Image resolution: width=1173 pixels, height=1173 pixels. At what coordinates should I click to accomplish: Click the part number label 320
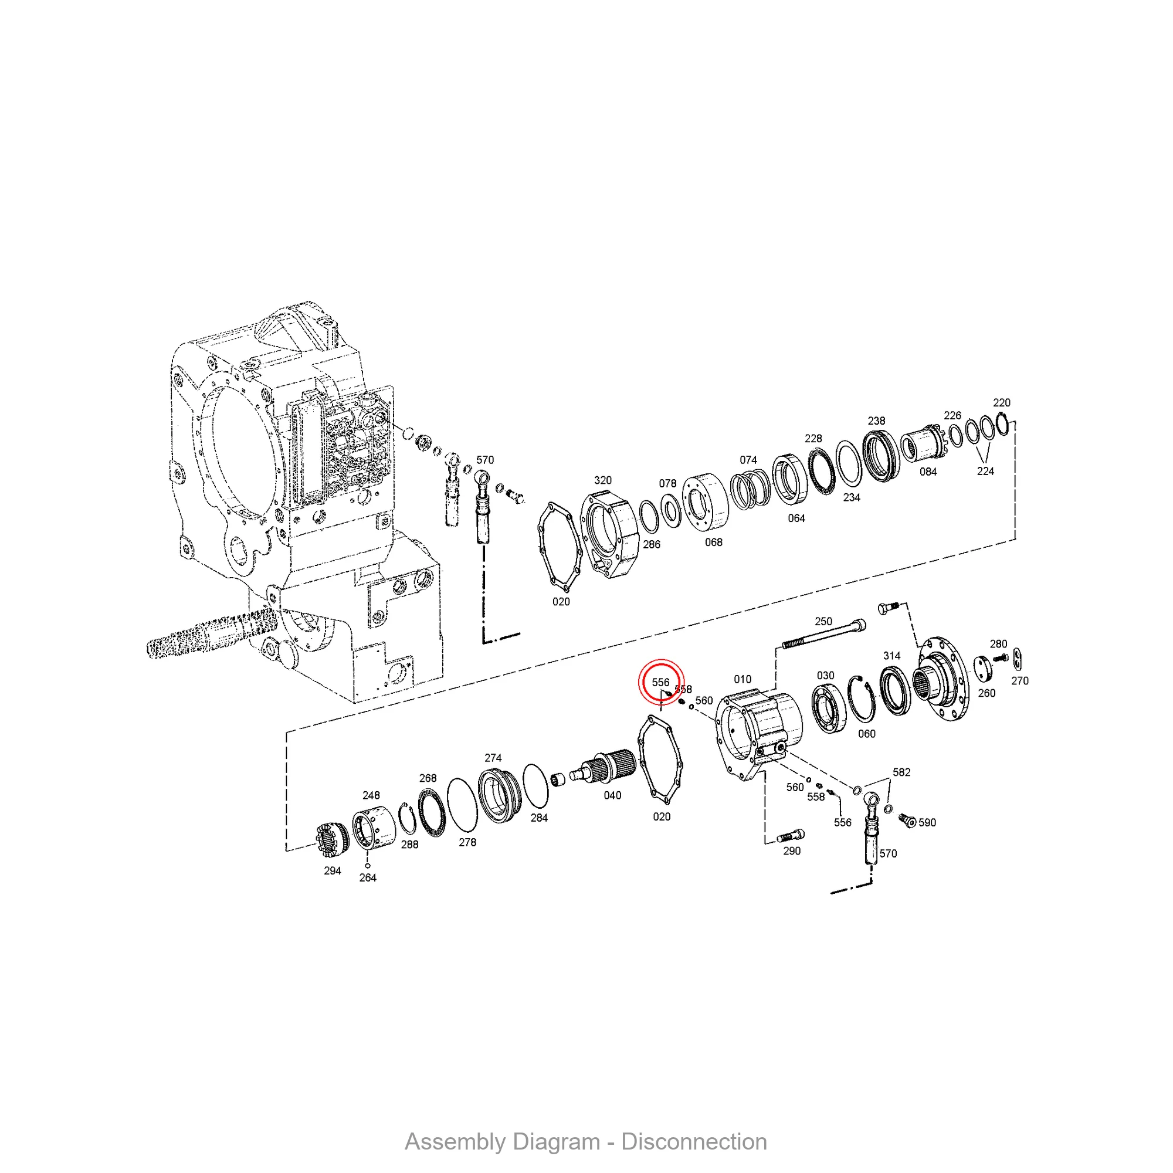click(602, 480)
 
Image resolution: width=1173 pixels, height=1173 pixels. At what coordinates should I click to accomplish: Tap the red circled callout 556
click(661, 683)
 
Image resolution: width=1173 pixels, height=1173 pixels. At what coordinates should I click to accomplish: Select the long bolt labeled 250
click(823, 635)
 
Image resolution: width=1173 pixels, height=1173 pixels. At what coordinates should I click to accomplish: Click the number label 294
click(332, 870)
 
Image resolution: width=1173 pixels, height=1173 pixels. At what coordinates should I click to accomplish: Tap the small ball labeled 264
click(367, 865)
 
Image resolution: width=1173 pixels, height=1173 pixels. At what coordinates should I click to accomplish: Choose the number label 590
click(927, 823)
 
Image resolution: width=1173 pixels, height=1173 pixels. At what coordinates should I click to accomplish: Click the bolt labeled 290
click(791, 836)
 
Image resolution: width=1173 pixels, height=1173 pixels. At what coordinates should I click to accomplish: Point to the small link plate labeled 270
click(1018, 656)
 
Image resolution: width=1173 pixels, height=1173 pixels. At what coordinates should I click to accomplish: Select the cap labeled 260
click(982, 669)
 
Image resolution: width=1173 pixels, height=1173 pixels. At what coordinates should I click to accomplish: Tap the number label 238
click(876, 421)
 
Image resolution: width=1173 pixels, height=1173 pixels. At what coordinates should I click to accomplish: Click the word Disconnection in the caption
click(694, 1142)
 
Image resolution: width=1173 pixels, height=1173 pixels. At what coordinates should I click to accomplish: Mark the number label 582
click(901, 772)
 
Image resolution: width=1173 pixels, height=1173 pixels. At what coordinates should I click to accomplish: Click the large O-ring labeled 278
click(462, 805)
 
